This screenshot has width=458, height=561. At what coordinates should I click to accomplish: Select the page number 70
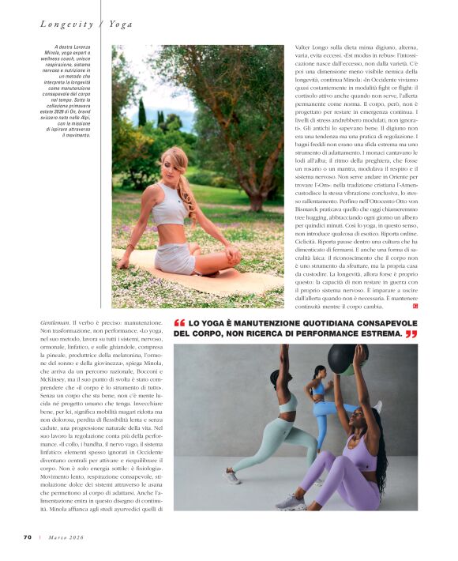click(x=27, y=537)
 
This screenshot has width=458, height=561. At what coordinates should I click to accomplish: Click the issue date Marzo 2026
click(x=65, y=537)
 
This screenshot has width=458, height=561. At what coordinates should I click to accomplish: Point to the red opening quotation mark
click(x=179, y=323)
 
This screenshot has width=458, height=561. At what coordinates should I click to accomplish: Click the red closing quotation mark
click(x=411, y=334)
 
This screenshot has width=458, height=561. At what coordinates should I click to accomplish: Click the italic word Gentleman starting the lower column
click(x=55, y=323)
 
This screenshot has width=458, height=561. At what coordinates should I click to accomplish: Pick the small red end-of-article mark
click(x=415, y=306)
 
